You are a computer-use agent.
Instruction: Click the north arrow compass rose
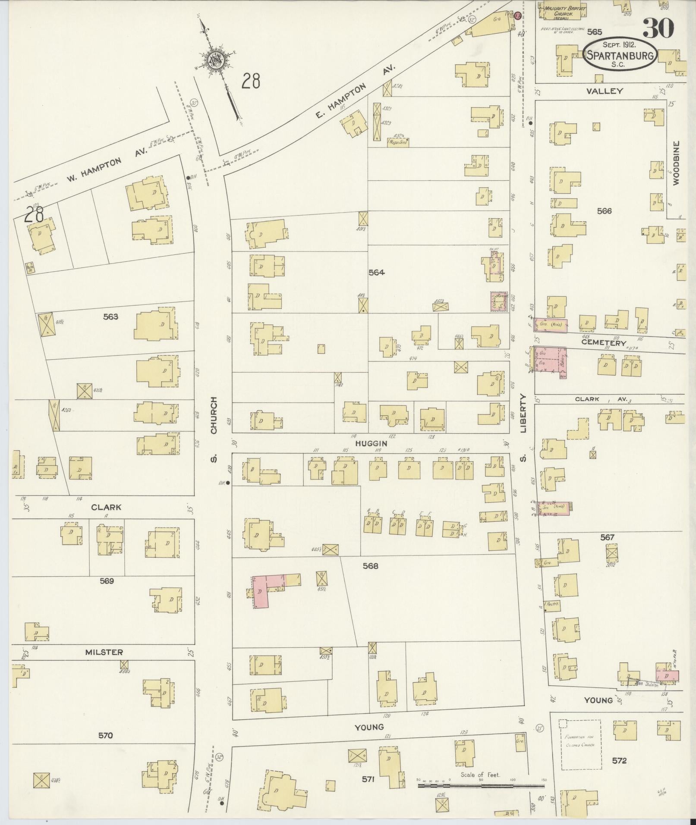(214, 60)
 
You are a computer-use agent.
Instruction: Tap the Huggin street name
(371, 443)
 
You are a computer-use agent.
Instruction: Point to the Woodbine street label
(676, 163)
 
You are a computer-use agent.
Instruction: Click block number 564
(376, 272)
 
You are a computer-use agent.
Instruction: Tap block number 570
(105, 735)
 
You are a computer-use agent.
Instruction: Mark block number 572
(619, 760)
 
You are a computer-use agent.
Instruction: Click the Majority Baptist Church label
(558, 11)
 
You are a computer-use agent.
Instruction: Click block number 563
(110, 317)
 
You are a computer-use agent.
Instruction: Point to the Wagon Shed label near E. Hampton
(398, 141)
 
